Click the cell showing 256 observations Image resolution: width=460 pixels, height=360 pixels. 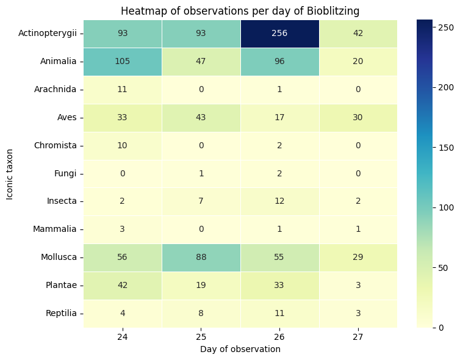coord(279,34)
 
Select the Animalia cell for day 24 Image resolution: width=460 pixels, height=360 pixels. coord(123,62)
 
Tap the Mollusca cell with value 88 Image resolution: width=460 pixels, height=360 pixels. coord(201,257)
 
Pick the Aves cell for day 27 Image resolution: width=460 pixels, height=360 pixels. coord(358,117)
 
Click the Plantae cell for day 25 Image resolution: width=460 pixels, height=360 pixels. coord(201,285)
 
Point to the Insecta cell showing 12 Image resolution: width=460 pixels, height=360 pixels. coord(279,201)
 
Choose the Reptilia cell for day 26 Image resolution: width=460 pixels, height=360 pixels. coord(279,313)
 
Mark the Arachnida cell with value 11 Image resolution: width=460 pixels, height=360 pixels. coord(123,89)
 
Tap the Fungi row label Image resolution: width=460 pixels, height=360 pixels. coord(65,173)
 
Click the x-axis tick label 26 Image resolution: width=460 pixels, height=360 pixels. coord(279,337)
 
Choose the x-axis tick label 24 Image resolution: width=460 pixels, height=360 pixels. coord(123,337)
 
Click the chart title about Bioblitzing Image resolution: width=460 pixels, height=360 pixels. coord(240,11)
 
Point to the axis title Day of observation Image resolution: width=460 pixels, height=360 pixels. coord(240,349)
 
